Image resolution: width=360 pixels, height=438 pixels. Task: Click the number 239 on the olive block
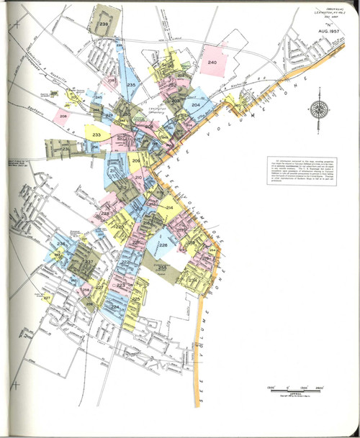point(104,25)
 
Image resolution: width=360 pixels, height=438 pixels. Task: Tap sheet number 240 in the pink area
point(212,64)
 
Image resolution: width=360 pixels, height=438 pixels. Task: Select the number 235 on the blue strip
point(131,86)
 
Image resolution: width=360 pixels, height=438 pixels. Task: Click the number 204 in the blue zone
point(195,105)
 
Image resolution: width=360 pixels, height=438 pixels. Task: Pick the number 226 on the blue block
point(163,245)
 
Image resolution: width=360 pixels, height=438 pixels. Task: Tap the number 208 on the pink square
point(63,115)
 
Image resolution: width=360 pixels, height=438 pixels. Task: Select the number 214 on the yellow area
point(169,208)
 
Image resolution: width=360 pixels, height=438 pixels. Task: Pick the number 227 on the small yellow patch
point(47,297)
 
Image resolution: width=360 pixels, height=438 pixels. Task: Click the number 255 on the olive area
point(162,267)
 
